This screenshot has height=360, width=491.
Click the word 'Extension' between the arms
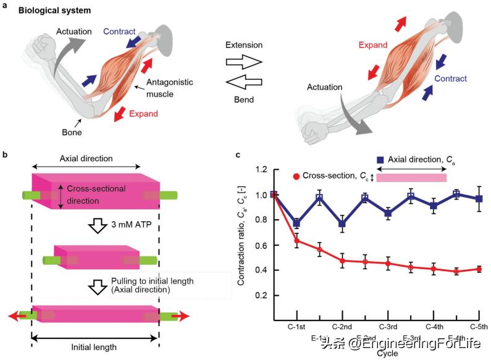coord(244,45)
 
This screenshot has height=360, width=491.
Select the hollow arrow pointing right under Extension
coord(244,62)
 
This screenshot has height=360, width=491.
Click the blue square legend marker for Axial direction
coord(381,162)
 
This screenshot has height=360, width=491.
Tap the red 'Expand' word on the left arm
coord(143,114)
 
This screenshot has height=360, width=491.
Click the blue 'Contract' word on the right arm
coord(450,78)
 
